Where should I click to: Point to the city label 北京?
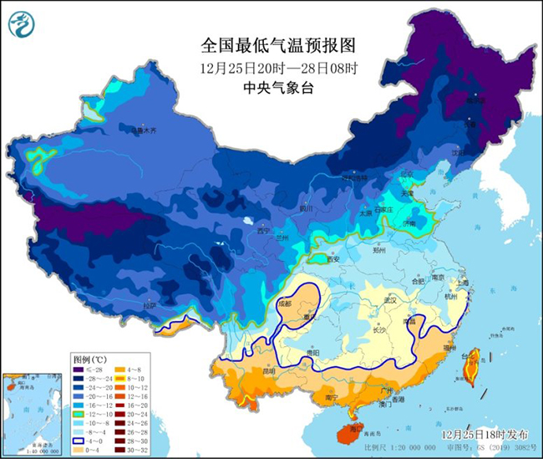407,174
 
